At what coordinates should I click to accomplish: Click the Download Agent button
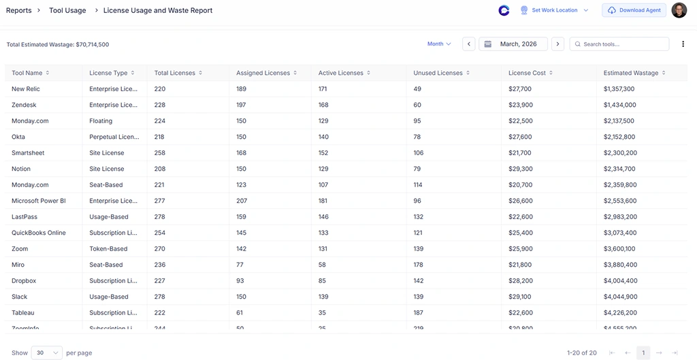[x=634, y=10]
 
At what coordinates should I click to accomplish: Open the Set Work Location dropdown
[x=555, y=10]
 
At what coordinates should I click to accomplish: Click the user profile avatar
[x=679, y=10]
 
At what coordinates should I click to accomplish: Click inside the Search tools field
[x=619, y=44]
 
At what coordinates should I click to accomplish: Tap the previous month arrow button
[x=469, y=44]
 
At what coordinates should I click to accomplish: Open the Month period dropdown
[x=439, y=44]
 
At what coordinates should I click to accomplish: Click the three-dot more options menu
[x=683, y=44]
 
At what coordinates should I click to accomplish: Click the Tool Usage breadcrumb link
[x=67, y=10]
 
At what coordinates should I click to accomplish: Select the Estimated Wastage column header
[x=630, y=73]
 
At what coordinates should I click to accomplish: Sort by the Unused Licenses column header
[x=438, y=73]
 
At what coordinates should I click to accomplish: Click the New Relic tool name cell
[x=26, y=89]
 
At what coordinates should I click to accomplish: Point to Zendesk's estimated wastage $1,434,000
[x=619, y=105]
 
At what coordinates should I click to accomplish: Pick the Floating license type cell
[x=101, y=121]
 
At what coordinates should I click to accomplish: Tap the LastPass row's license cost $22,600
[x=520, y=217]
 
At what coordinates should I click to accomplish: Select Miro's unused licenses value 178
[x=418, y=265]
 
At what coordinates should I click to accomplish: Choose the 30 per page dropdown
[x=46, y=353]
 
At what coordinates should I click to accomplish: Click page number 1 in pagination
[x=643, y=353]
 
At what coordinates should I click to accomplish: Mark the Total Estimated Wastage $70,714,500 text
[x=58, y=45]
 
